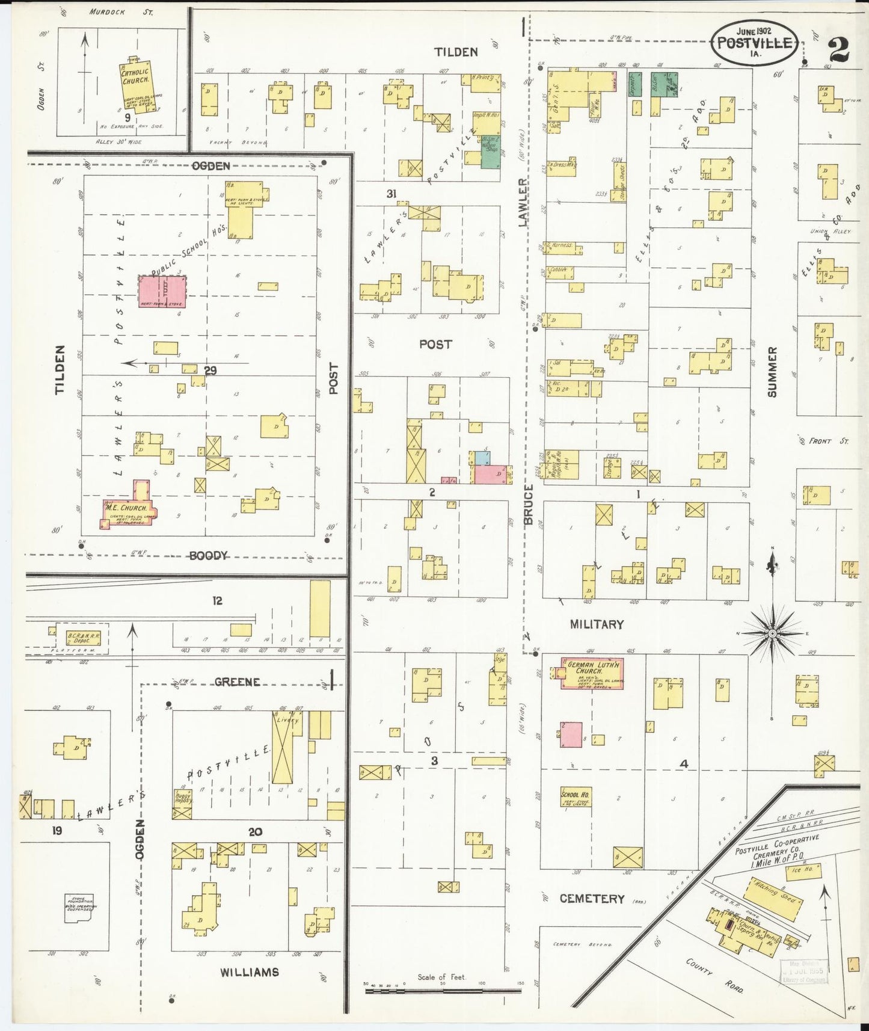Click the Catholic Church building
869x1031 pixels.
click(x=136, y=84)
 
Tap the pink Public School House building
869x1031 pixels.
click(x=162, y=292)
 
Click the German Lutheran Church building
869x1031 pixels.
click(x=591, y=672)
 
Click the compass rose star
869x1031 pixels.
click(x=772, y=633)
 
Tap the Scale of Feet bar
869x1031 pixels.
click(x=443, y=991)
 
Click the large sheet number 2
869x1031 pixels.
click(x=838, y=49)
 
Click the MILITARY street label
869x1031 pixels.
click(x=597, y=624)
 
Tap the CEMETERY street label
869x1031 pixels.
click(x=592, y=899)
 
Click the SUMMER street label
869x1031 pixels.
click(x=772, y=371)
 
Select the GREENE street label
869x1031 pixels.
click(x=238, y=682)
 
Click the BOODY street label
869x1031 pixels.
click(x=208, y=556)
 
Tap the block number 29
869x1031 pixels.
click(x=210, y=371)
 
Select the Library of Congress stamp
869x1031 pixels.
click(x=804, y=971)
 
